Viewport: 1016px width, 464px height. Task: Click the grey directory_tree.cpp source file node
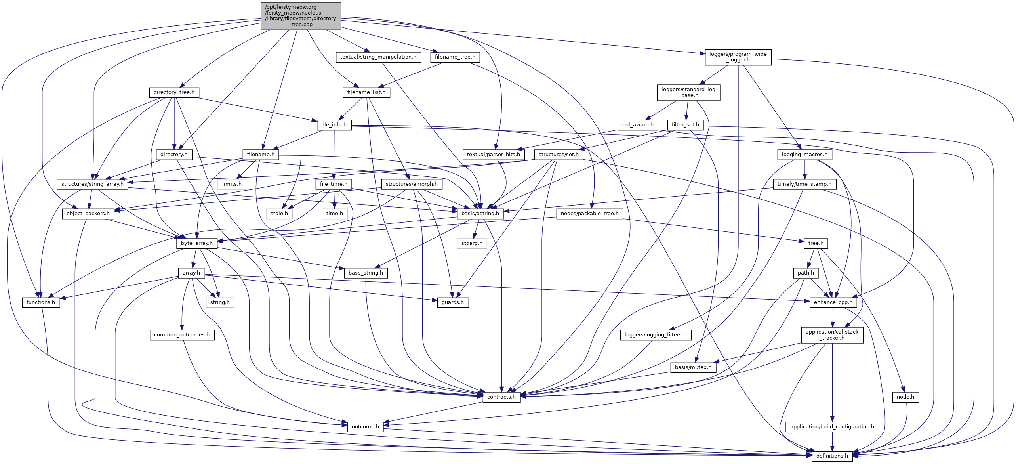coord(301,16)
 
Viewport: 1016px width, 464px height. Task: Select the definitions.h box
coord(832,456)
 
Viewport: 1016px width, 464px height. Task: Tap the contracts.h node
coord(501,397)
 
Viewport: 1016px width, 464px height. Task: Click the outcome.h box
coord(365,426)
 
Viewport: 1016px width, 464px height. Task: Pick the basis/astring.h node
coord(480,213)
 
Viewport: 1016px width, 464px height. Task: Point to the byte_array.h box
coord(197,243)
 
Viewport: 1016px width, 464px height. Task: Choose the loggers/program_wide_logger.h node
coord(738,57)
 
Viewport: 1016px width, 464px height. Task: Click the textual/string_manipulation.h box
coord(378,57)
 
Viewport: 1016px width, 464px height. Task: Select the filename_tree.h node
coord(455,57)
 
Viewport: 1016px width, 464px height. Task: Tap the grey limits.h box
coord(232,184)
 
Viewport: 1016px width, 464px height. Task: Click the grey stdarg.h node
coord(472,243)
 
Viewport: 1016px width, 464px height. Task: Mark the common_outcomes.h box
coord(182,334)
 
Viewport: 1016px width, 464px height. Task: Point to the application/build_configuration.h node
coord(832,426)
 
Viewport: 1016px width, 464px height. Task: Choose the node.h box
coord(905,397)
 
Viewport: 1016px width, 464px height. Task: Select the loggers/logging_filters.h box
coord(655,334)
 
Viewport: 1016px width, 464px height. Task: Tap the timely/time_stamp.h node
coord(804,184)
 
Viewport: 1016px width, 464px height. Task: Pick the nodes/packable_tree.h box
coord(589,213)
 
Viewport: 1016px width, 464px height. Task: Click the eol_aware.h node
coord(637,124)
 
